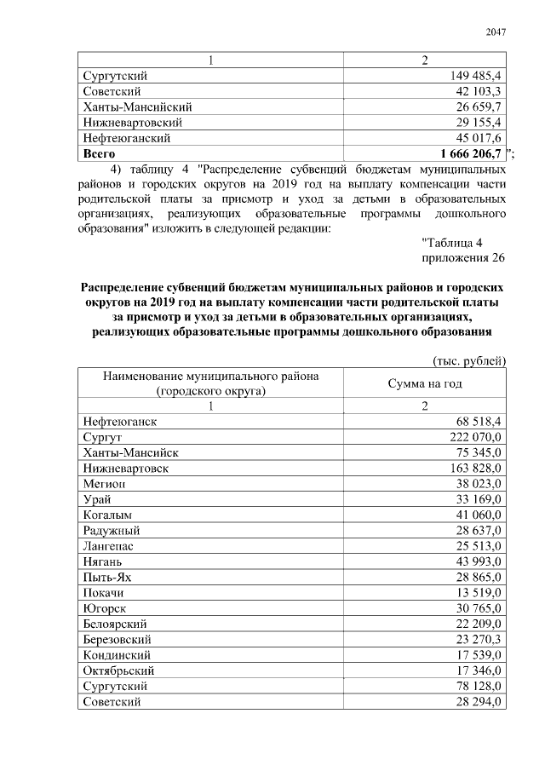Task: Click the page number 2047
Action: coord(496,32)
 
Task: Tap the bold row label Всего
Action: coord(100,153)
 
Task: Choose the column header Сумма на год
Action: coord(425,383)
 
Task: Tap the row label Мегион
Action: coord(106,483)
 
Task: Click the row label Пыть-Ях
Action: coord(109,577)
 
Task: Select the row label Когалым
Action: coord(108,515)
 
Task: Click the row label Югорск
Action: coord(106,608)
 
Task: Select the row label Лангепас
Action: coord(109,546)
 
